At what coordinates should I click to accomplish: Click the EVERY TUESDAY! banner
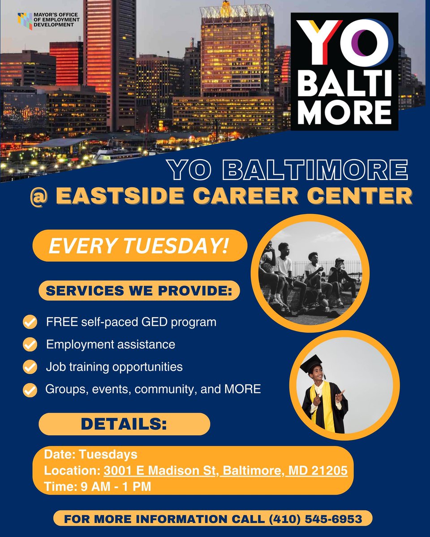(x=139, y=246)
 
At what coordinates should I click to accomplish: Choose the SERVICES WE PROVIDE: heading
(x=139, y=291)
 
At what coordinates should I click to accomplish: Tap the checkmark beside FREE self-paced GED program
(x=30, y=322)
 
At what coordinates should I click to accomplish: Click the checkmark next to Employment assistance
(x=30, y=345)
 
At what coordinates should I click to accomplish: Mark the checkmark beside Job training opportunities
(x=30, y=367)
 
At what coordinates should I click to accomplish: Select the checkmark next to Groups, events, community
(x=30, y=390)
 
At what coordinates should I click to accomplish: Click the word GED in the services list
(x=155, y=322)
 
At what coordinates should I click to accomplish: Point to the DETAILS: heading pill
(x=124, y=424)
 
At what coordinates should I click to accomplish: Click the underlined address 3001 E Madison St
(x=161, y=471)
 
